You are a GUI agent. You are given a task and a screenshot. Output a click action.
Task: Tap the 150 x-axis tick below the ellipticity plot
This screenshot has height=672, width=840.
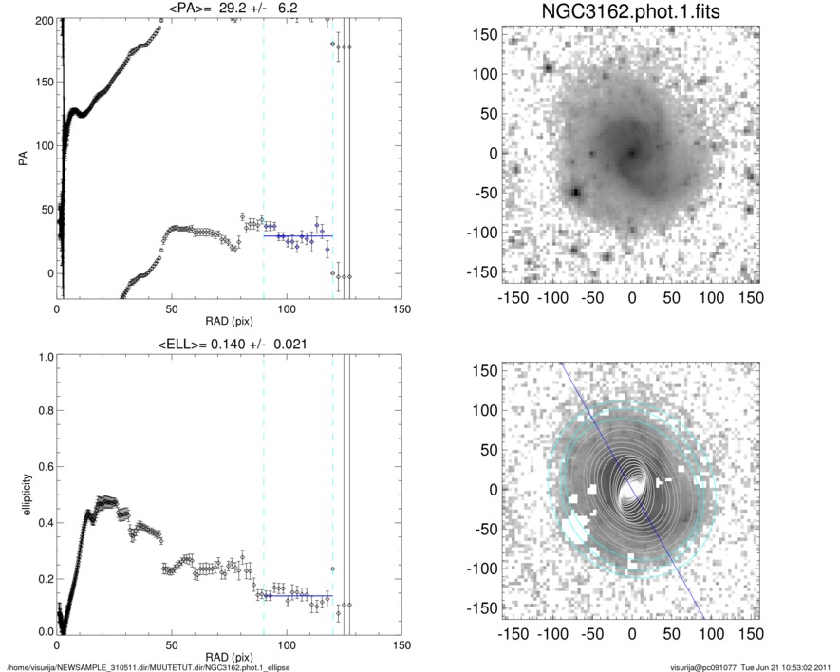[x=401, y=645]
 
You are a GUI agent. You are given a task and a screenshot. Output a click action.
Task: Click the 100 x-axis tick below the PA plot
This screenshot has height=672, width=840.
[x=287, y=309]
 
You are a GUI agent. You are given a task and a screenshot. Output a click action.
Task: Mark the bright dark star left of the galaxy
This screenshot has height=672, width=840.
[x=574, y=193]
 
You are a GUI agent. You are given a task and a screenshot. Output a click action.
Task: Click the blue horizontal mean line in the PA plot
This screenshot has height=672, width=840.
[x=298, y=235]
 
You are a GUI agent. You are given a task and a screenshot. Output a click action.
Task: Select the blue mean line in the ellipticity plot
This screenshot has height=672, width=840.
[x=298, y=596]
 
